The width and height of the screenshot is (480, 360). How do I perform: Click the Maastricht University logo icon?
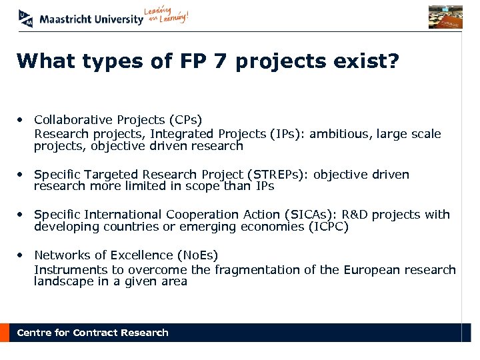[x=25, y=19]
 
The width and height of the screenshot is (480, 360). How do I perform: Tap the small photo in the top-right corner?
[x=445, y=17]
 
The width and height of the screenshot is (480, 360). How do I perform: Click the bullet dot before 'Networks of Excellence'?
[x=22, y=255]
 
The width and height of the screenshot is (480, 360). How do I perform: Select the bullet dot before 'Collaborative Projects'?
[x=22, y=120]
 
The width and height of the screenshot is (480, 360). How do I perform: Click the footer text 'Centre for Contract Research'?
[x=93, y=333]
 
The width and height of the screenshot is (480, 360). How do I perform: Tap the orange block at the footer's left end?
[x=5, y=333]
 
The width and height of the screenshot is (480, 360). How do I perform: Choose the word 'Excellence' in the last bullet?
[x=137, y=255]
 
